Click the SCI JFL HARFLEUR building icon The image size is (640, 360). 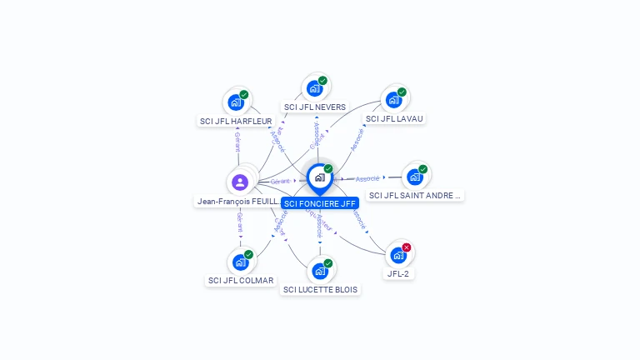click(x=236, y=103)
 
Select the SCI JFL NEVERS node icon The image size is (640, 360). click(x=314, y=88)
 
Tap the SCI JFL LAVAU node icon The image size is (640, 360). click(x=393, y=100)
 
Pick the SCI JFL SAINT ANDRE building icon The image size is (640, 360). click(x=414, y=177)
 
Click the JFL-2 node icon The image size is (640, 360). click(x=398, y=255)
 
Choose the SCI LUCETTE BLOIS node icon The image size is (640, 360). click(x=319, y=271)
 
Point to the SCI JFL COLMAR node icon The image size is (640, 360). click(x=240, y=262)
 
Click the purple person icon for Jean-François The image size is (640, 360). click(x=240, y=182)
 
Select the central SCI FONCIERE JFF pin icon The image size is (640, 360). click(x=319, y=177)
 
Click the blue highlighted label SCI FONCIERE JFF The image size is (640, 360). click(x=320, y=203)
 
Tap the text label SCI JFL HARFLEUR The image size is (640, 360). click(x=236, y=122)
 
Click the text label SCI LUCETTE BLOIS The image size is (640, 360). click(x=321, y=290)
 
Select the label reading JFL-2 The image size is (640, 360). click(x=398, y=273)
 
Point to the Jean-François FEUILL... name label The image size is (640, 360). click(x=237, y=202)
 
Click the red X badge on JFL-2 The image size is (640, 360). click(x=407, y=247)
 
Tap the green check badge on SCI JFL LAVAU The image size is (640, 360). click(x=402, y=92)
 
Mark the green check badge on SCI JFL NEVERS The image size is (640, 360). click(x=322, y=81)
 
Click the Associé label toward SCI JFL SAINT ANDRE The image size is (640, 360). click(x=367, y=178)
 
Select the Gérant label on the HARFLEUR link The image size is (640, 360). click(x=237, y=139)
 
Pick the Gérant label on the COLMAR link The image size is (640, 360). click(x=239, y=222)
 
